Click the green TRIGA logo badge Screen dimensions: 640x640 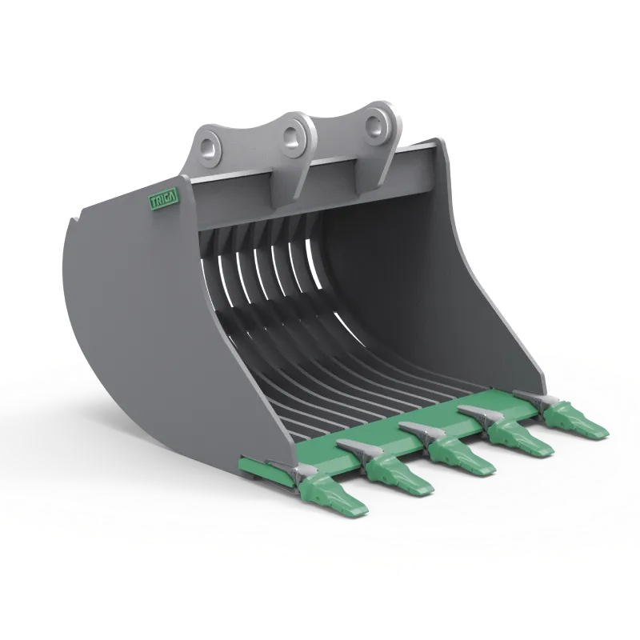pos(164,201)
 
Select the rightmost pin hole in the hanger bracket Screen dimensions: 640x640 pos(374,123)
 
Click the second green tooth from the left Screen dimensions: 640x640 pos(399,475)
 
